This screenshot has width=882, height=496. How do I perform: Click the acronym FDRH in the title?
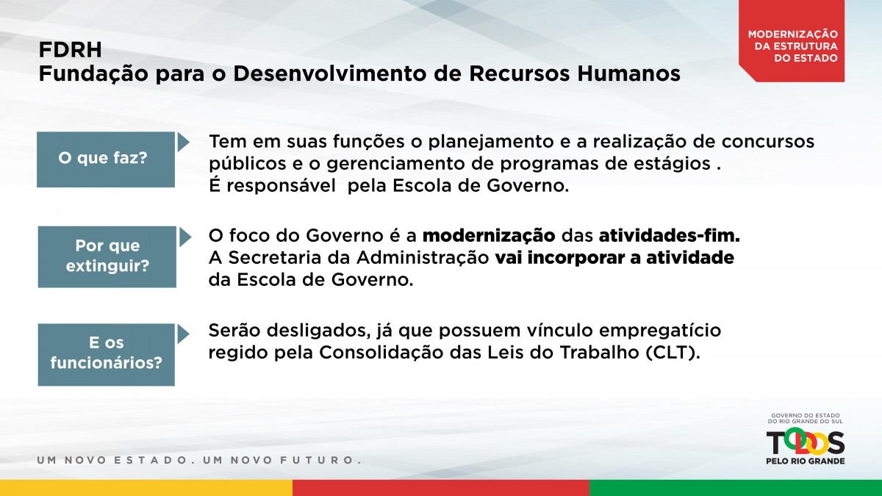point(70,50)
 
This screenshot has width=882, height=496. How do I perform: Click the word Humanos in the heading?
point(629,73)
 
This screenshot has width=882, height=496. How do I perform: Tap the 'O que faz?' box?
point(106,159)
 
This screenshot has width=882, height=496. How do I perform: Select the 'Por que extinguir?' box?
point(107,256)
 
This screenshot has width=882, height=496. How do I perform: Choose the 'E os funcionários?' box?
point(107,355)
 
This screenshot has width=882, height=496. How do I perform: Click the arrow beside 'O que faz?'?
point(183,142)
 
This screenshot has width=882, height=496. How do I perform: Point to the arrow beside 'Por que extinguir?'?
point(185,237)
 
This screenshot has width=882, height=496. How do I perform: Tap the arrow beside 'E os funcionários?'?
point(184,334)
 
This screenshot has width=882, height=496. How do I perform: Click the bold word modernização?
point(489,236)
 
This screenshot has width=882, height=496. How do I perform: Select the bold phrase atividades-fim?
point(670,236)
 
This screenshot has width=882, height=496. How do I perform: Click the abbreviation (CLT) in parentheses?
point(673,353)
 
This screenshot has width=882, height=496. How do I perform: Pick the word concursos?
point(768,142)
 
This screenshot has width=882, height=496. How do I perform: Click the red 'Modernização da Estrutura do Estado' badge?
point(792,41)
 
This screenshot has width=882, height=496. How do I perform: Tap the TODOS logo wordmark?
point(806,442)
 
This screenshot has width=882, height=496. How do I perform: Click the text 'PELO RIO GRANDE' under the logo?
point(806,461)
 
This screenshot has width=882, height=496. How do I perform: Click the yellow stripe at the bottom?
point(146,488)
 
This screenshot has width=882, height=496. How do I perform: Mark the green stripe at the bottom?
point(736,488)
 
